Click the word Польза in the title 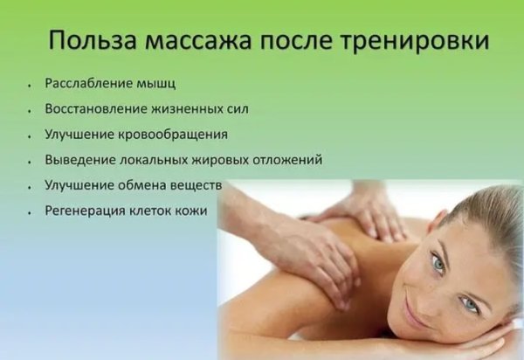(87, 41)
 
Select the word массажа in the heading (194, 41)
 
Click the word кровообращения (180, 135)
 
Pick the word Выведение (79, 161)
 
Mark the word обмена (150, 186)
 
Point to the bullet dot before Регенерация (31, 212)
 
